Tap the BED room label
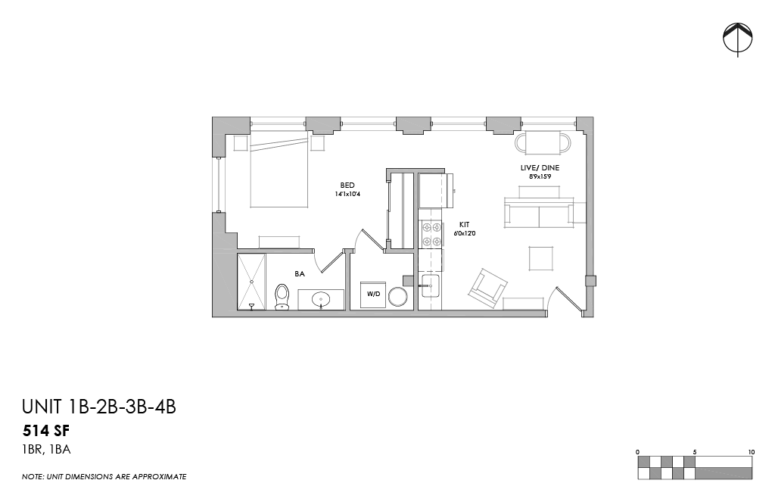coord(347,185)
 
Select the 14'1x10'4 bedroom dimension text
coord(347,195)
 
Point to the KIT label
coord(465,225)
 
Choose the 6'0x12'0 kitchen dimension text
coord(465,234)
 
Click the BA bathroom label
coord(300,274)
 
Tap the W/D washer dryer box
coord(372,294)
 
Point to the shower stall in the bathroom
coord(252,281)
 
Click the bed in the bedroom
coord(279,176)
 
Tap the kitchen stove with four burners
coord(431,234)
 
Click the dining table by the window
coord(543,142)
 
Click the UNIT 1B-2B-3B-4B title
coord(99,407)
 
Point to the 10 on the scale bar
coord(751,452)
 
